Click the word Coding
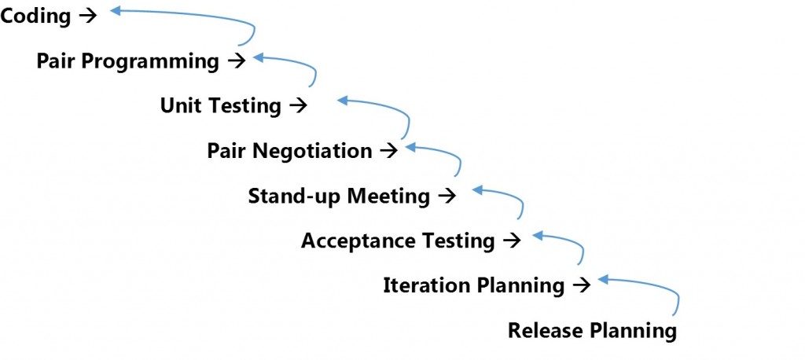pyautogui.click(x=35, y=16)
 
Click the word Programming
pyautogui.click(x=150, y=61)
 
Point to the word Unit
pyautogui.click(x=180, y=105)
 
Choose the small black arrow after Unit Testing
pyautogui.click(x=298, y=105)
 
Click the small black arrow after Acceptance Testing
pyautogui.click(x=512, y=240)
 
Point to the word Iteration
pyautogui.click(x=425, y=285)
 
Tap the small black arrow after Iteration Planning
pyautogui.click(x=582, y=285)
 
